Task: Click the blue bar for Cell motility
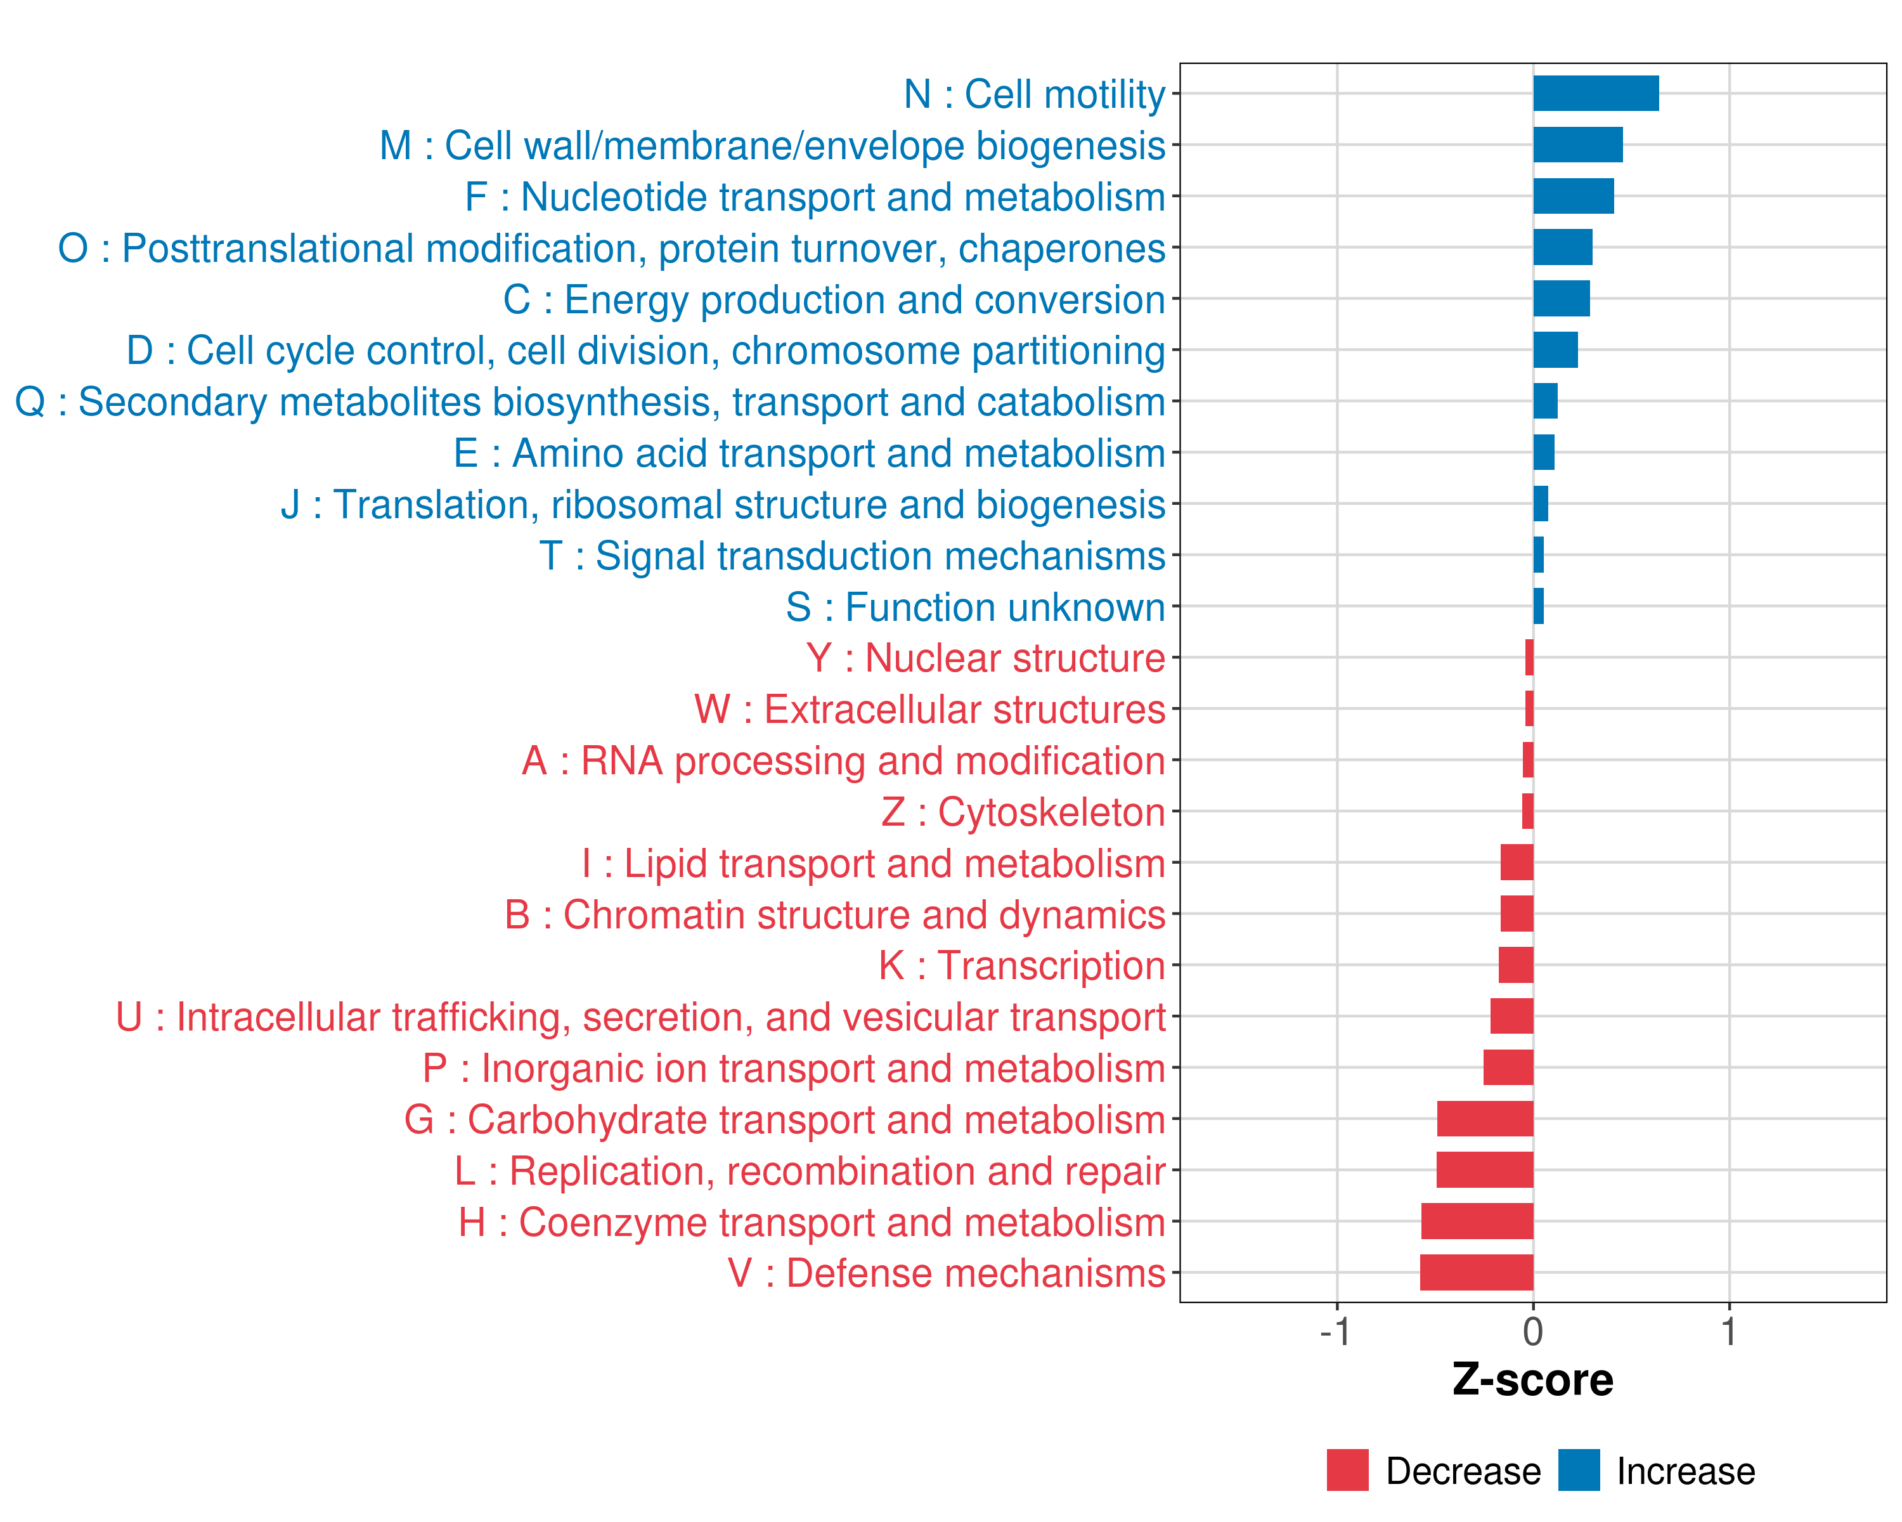click(1595, 93)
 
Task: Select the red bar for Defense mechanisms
click(1476, 1272)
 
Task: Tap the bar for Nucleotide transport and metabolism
click(1573, 196)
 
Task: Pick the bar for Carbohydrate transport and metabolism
click(1485, 1119)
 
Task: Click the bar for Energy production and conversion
click(1561, 298)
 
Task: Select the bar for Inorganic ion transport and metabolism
click(1508, 1067)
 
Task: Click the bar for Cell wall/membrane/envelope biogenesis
click(1577, 145)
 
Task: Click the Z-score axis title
click(1532, 1380)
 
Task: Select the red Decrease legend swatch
click(1347, 1470)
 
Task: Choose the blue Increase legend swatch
click(1578, 1470)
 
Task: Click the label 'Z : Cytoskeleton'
click(1023, 812)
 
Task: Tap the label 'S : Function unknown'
click(975, 607)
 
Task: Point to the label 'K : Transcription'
click(1021, 965)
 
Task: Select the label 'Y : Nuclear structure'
click(985, 658)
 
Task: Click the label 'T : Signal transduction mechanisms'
click(851, 556)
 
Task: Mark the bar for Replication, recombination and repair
click(1485, 1170)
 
